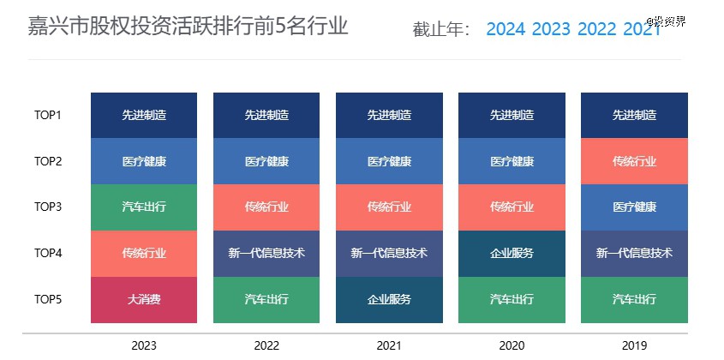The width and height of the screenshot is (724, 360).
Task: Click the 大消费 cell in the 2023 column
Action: (x=144, y=300)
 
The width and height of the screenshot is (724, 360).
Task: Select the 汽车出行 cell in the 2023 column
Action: (x=144, y=207)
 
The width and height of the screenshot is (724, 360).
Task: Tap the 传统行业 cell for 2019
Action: (x=634, y=161)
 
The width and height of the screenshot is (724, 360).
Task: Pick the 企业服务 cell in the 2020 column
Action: (x=512, y=254)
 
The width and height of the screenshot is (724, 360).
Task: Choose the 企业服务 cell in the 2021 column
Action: (x=389, y=300)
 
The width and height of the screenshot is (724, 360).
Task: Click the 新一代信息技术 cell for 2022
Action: (x=266, y=254)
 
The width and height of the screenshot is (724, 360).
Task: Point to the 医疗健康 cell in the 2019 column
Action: (x=634, y=207)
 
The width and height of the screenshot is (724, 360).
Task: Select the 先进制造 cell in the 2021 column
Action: (x=389, y=115)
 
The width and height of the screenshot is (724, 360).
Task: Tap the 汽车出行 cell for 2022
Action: (x=266, y=300)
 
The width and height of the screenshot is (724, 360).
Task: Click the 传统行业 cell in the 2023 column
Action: (x=144, y=254)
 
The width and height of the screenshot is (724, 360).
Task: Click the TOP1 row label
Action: (x=48, y=115)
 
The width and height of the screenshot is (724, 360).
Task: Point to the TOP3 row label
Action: (x=48, y=207)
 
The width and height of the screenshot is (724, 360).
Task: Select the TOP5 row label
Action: (x=48, y=300)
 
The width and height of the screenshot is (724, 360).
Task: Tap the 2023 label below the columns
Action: (x=144, y=346)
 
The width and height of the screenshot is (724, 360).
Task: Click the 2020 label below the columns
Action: (x=512, y=346)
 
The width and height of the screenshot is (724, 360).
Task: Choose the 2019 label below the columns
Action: (x=634, y=346)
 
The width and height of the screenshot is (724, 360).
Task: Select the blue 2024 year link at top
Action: (x=506, y=29)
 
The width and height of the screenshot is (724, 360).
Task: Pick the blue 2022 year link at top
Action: (x=596, y=29)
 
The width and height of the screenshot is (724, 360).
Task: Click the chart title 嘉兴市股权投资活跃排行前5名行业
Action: (x=188, y=27)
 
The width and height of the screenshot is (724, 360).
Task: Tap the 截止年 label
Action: (x=441, y=30)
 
